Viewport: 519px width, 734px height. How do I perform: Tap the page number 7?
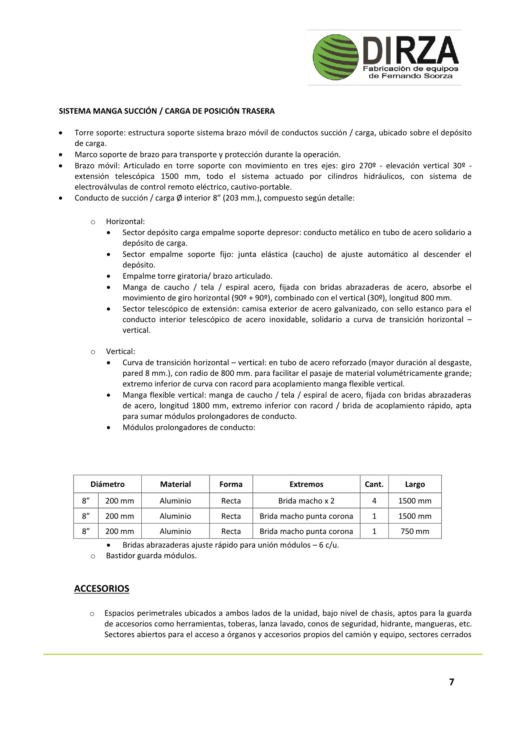click(451, 682)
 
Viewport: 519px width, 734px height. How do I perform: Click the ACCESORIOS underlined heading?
click(102, 588)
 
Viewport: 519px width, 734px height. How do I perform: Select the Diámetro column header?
click(107, 484)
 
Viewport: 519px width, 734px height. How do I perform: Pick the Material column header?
click(175, 484)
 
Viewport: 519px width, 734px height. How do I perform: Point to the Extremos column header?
click(306, 484)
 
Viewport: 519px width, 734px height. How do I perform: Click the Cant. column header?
click(374, 484)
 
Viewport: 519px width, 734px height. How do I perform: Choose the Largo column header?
click(414, 484)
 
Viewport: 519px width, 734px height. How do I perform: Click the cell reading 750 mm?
click(414, 531)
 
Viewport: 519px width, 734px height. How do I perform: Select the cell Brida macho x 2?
click(306, 500)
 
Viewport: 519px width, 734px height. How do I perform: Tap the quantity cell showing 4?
click(374, 500)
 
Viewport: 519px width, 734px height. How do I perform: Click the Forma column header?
click(231, 484)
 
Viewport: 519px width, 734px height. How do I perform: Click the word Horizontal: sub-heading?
click(125, 221)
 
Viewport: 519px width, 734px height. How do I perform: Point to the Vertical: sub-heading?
click(120, 352)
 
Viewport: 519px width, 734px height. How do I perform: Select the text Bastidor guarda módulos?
click(151, 556)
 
